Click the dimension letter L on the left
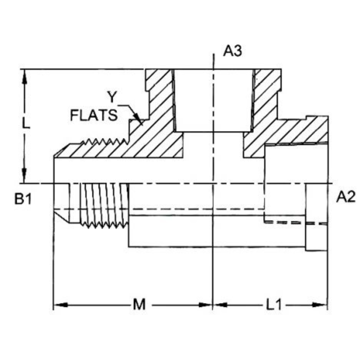click(x=26, y=124)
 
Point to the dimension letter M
click(x=139, y=304)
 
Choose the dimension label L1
click(x=274, y=304)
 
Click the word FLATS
click(x=94, y=115)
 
